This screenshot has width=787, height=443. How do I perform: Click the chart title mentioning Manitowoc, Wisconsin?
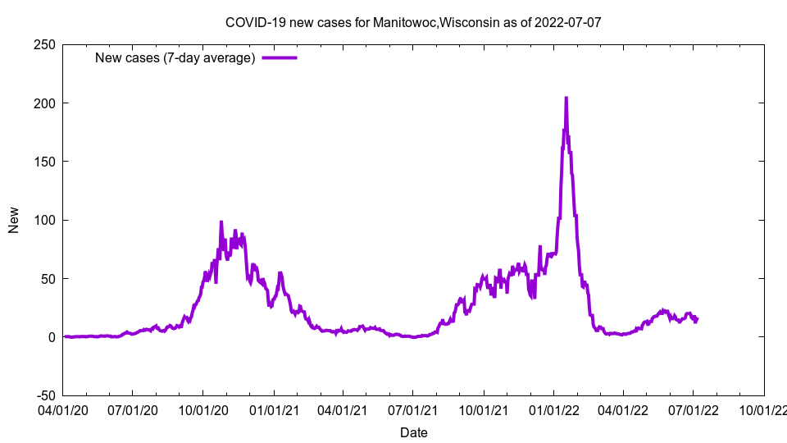tap(413, 22)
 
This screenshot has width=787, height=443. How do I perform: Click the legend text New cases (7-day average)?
tap(175, 57)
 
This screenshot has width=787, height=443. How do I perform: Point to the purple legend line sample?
tap(280, 57)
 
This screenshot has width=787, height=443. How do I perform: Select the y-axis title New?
tap(14, 220)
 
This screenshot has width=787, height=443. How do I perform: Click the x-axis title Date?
tap(413, 432)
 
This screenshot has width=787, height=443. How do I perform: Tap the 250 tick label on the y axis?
tap(44, 44)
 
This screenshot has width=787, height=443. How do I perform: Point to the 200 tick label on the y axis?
tap(44, 103)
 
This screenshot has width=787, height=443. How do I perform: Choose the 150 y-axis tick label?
tap(44, 162)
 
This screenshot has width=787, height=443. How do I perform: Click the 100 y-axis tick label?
tap(44, 220)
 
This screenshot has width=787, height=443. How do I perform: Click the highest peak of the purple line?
tap(566, 98)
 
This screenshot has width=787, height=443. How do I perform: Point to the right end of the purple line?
tap(697, 319)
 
